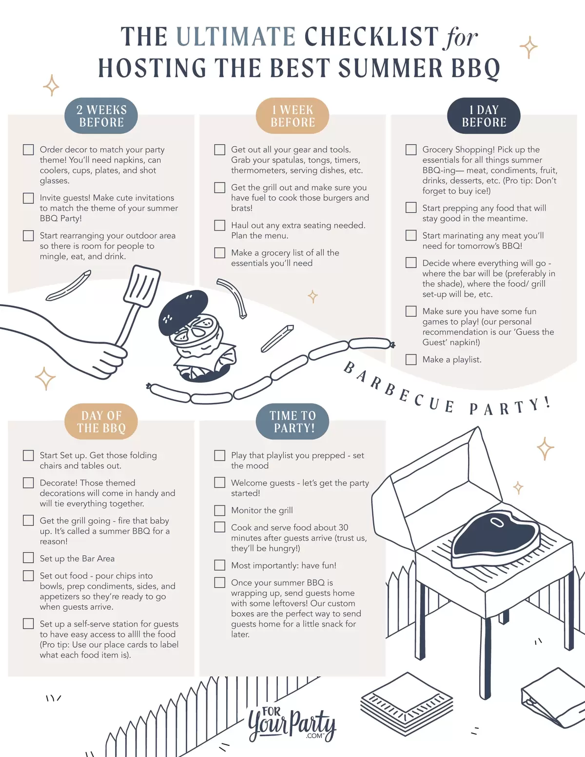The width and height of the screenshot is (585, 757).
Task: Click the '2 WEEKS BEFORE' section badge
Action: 101,116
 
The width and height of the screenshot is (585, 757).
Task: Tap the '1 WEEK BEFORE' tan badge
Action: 292,116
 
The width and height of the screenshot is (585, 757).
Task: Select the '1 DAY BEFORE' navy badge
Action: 484,116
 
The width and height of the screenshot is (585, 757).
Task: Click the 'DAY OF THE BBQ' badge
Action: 101,422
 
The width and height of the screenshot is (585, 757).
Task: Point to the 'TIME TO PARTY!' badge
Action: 292,422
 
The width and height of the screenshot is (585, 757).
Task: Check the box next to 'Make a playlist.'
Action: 411,360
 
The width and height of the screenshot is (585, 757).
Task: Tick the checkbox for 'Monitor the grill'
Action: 220,510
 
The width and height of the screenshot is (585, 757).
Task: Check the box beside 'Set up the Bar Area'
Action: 29,558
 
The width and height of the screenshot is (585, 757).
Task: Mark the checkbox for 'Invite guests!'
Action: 29,198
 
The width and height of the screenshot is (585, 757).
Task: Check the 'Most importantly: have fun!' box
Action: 220,565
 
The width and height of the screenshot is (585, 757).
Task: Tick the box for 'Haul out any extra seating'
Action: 220,225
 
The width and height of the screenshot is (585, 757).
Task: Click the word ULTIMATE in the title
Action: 236,37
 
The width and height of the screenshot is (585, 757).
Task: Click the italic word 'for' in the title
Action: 460,38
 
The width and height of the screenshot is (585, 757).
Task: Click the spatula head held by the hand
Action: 142,286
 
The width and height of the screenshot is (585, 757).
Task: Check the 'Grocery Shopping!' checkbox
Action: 411,150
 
